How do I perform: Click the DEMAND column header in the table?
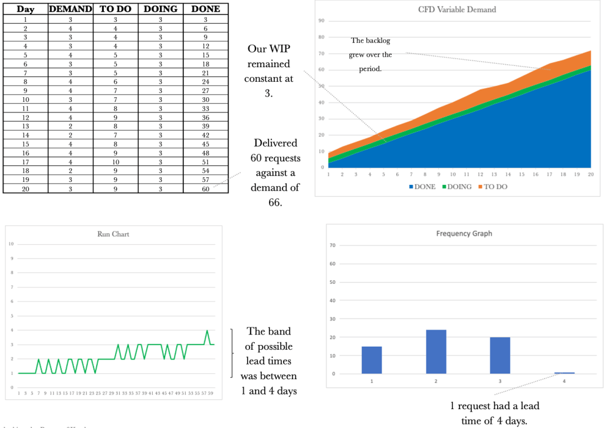coord(70,9)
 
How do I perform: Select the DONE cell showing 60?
coord(205,189)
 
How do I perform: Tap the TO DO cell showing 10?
coord(116,162)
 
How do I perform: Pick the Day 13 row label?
coord(25,127)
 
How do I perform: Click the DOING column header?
coord(160,9)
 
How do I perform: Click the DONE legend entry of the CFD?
coord(422,187)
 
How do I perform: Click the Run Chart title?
coord(113,234)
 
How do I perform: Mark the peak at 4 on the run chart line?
coord(207,331)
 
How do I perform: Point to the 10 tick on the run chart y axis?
coord(11,244)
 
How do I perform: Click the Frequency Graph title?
coord(464,233)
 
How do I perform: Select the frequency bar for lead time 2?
coord(436,351)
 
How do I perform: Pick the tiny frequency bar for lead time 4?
coord(564,373)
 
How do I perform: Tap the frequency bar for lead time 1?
coord(372,360)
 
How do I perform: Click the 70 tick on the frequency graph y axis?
coord(333,245)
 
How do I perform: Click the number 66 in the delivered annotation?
coord(276,202)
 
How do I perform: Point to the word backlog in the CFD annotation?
coord(379,41)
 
